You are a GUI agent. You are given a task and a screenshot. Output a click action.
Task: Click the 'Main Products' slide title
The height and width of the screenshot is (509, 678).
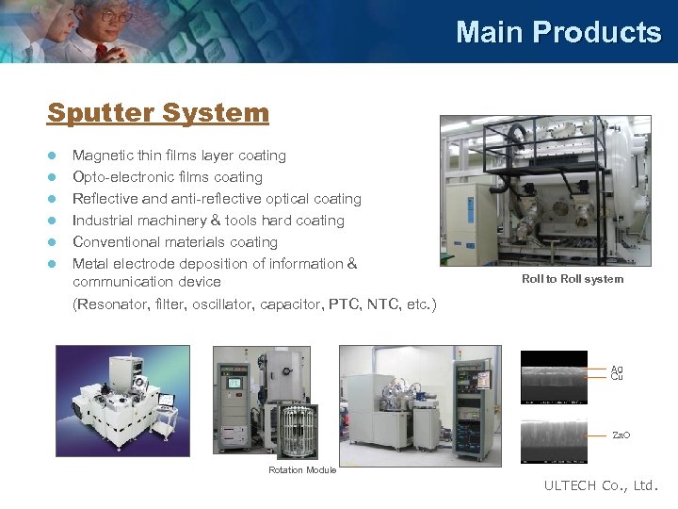558,32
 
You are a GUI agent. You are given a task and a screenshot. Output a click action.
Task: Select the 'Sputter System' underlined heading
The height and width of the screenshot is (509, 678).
158,113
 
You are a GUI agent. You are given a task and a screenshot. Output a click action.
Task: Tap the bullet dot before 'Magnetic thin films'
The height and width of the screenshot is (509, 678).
53,156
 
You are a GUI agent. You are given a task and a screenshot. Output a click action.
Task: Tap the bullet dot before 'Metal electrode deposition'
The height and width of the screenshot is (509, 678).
53,264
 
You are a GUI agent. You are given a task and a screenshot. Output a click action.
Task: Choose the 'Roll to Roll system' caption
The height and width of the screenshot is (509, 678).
573,279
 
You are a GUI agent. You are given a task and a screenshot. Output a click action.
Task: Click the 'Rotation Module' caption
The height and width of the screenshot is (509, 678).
302,470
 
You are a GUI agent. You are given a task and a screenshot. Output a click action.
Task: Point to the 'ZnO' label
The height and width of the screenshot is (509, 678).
621,435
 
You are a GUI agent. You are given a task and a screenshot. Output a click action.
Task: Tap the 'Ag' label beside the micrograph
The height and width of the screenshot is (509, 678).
617,369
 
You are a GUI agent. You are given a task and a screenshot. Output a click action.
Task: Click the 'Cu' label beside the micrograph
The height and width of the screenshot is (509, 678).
617,377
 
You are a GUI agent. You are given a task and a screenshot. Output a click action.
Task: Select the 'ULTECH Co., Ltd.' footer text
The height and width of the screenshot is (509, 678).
602,486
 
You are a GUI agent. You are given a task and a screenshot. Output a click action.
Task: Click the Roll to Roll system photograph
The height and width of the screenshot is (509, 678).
545,190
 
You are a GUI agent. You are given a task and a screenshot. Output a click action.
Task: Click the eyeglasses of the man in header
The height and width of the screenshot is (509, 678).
112,16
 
